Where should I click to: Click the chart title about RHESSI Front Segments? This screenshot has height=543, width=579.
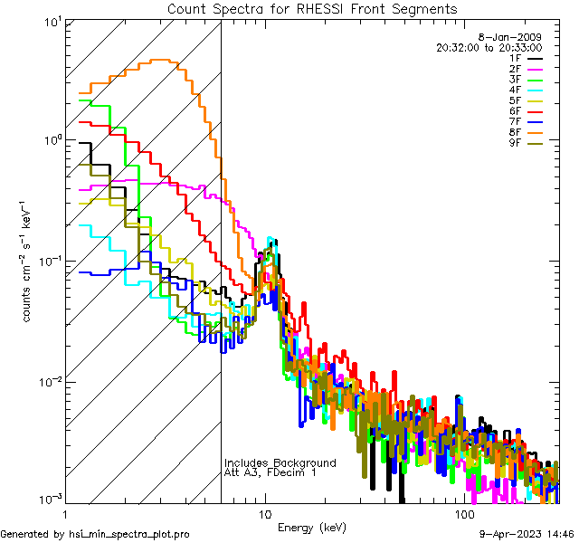312,9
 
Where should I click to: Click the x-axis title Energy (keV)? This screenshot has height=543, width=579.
311,528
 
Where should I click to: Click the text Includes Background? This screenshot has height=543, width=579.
280,462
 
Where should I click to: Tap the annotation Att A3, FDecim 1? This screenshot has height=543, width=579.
271,473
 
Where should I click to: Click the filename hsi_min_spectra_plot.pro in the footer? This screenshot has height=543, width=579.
129,535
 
